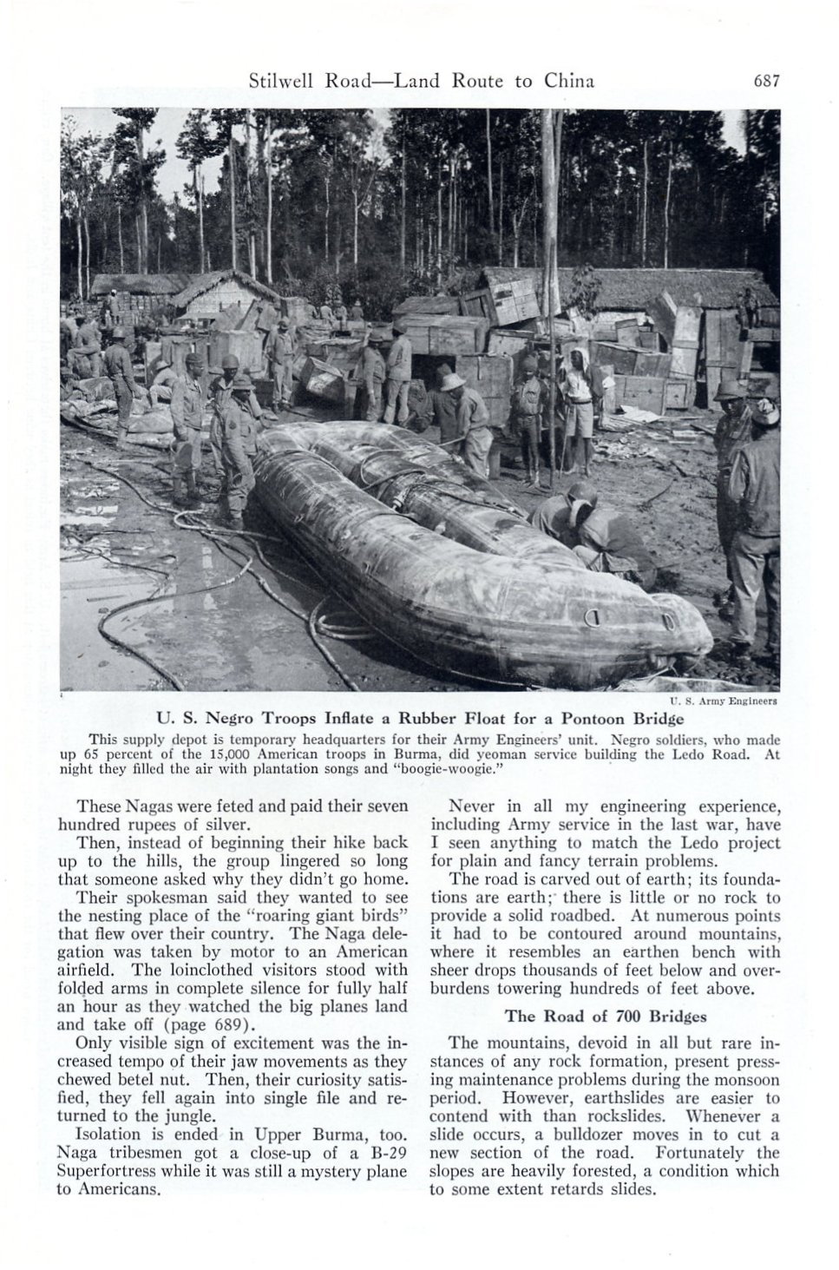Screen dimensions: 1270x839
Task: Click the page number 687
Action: tap(768, 82)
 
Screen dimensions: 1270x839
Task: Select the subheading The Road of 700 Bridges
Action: tap(605, 1015)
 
